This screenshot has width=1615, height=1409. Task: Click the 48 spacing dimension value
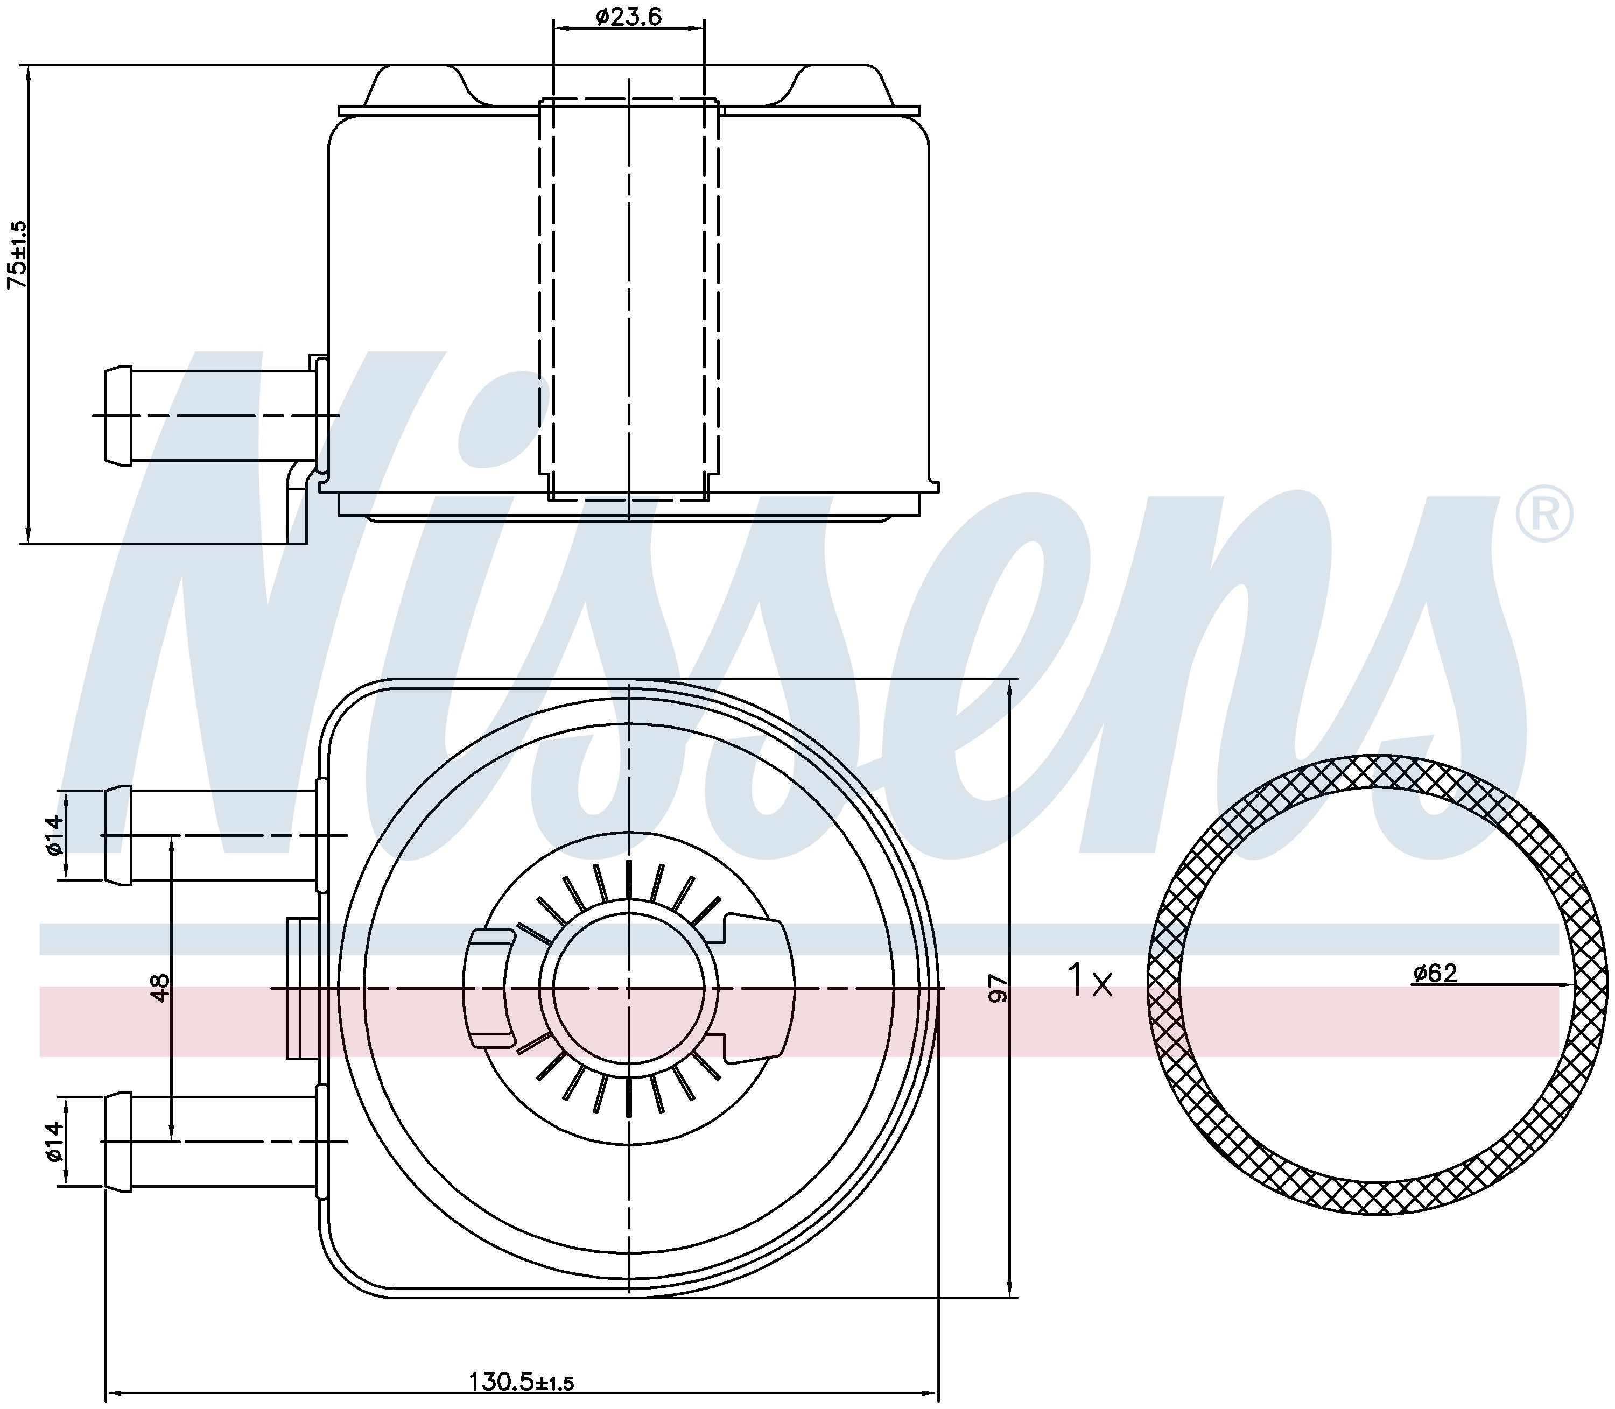pos(160,988)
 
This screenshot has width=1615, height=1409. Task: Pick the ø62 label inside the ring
pos(1435,974)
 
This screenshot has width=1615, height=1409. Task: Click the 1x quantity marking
pos(1090,981)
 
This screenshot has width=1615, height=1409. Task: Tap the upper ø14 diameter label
pos(53,836)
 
